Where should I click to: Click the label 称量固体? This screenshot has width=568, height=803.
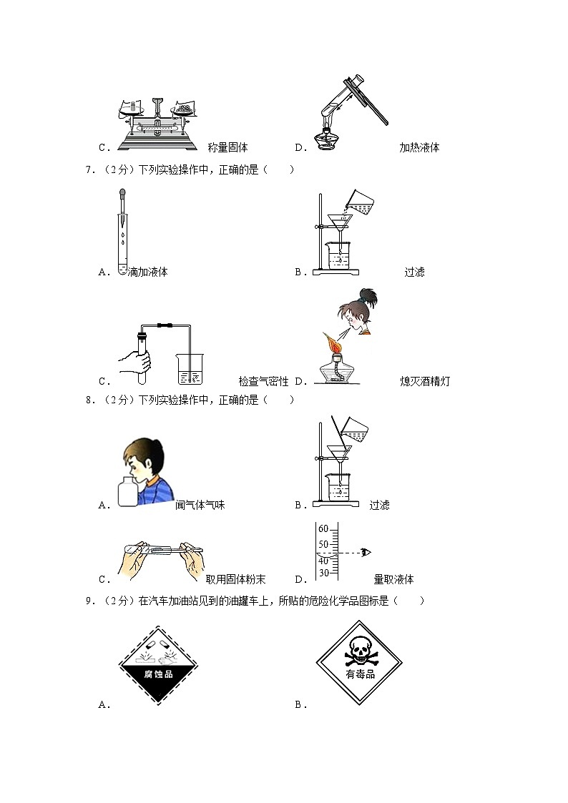(227, 148)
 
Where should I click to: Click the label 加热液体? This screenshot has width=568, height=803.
(419, 148)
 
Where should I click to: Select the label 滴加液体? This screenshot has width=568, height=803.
(147, 272)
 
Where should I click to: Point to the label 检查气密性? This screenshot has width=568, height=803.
(263, 382)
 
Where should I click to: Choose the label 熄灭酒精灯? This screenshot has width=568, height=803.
(426, 382)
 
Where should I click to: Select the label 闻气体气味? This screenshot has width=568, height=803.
(200, 505)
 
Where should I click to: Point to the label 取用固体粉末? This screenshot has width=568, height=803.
(235, 579)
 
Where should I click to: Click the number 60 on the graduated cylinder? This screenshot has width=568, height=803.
(323, 528)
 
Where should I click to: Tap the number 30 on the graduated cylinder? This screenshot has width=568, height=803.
(323, 573)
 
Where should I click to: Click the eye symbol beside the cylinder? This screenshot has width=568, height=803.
(367, 552)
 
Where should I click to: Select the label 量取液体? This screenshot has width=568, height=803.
(393, 579)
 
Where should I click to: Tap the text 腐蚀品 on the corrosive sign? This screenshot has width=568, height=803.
(157, 673)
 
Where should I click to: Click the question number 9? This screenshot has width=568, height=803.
(89, 601)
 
